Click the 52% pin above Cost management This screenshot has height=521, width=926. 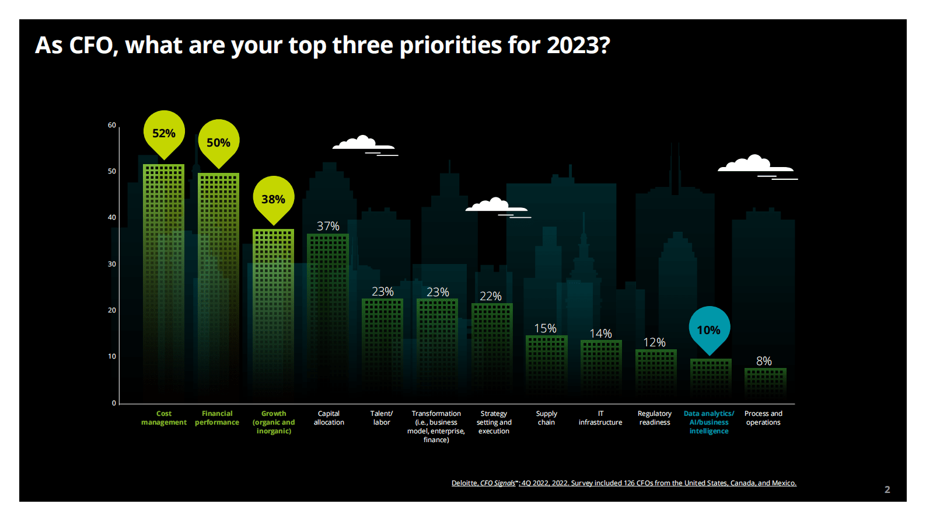coord(164,133)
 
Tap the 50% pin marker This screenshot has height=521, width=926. coord(218,143)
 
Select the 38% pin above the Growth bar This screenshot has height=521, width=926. coord(273,199)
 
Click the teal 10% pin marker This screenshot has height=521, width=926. coord(709,330)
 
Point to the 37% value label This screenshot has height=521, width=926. coord(328,226)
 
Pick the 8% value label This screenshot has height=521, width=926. coord(764,361)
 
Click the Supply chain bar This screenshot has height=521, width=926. coord(546,368)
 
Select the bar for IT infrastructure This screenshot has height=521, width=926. coord(601,371)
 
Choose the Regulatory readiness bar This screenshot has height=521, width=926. coord(656,376)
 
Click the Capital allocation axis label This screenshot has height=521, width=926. coord(329,418)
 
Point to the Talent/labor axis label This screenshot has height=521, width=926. coord(382,418)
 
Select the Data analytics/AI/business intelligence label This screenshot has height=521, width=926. coord(709,422)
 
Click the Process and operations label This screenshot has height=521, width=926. coord(763,418)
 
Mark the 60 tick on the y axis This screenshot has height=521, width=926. coord(111,125)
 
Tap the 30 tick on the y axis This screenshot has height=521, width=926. coord(111,264)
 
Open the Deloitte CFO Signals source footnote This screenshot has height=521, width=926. coord(624,483)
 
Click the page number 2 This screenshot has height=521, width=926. coord(887,489)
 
